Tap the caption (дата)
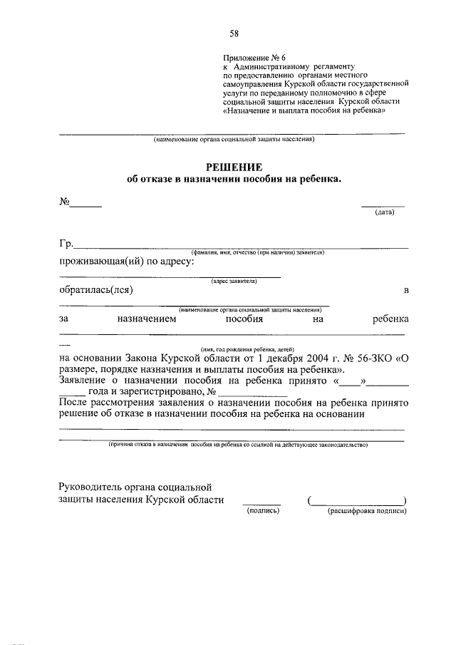click(385, 212)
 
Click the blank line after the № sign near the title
click(85, 206)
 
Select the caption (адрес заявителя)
click(234, 281)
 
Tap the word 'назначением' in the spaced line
click(146, 319)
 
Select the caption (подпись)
click(261, 511)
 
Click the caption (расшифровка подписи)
click(366, 511)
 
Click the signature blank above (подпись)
click(261, 504)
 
